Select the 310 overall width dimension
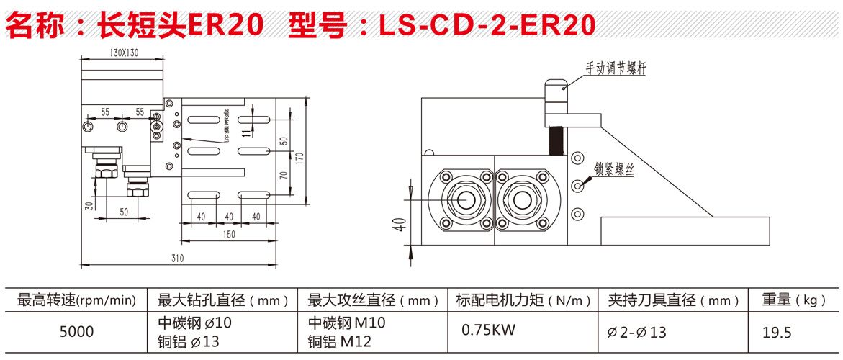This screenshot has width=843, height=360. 178,258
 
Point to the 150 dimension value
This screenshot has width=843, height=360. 229,235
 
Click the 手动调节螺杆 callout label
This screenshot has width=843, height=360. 616,68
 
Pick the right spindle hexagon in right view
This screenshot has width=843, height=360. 523,197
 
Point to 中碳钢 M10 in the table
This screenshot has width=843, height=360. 346,323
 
